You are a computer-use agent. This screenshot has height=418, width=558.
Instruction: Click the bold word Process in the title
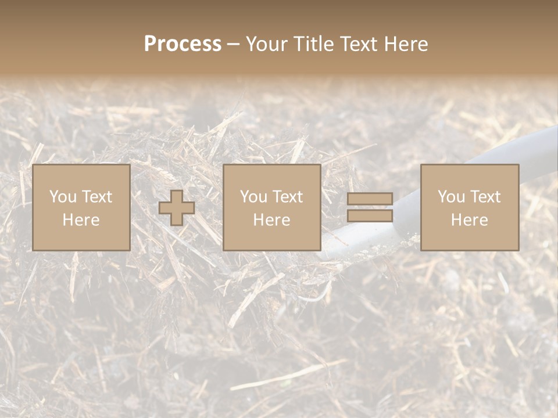tap(183, 44)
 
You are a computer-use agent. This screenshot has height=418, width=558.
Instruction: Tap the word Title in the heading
tap(313, 44)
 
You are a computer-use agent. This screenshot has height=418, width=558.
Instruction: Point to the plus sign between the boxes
tap(177, 208)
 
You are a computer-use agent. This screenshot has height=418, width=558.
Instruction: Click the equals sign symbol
tap(370, 208)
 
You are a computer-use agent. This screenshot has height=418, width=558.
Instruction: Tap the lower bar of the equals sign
tap(370, 216)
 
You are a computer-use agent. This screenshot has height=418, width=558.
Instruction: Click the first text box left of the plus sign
tap(81, 208)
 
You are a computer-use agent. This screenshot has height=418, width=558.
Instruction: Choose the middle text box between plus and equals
tap(272, 208)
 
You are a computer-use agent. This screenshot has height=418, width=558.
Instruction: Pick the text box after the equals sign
tap(470, 208)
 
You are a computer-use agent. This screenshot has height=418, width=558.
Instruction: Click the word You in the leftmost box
tap(62, 197)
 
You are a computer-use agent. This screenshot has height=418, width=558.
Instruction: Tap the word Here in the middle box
tap(272, 220)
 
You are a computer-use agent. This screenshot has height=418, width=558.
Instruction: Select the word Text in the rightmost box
tap(485, 197)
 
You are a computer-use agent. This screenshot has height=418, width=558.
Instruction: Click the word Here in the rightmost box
tap(470, 220)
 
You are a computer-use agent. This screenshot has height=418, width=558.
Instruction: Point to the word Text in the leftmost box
tap(96, 197)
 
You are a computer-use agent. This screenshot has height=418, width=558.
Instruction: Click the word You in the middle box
tap(253, 197)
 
